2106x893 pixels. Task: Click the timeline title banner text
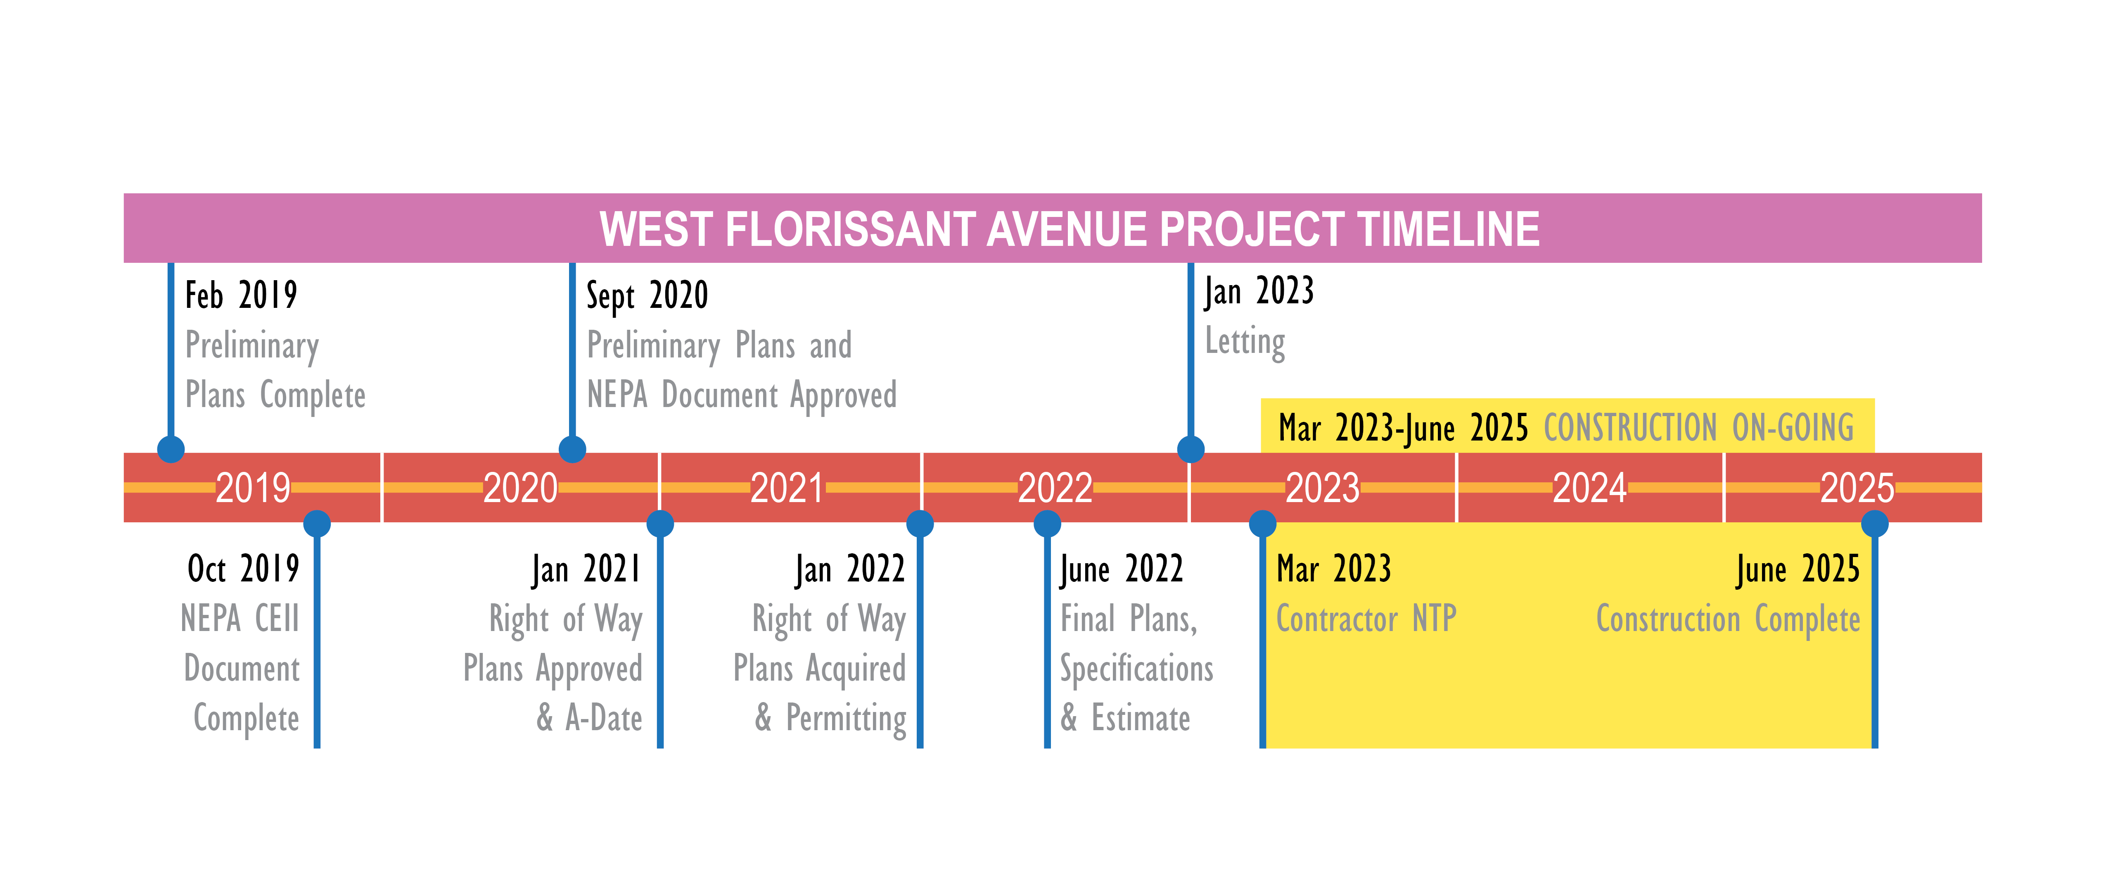point(1070,229)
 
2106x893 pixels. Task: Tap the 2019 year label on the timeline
point(253,488)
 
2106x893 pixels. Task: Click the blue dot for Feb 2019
point(171,449)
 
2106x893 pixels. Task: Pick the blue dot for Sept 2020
point(572,449)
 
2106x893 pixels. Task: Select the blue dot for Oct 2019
point(317,524)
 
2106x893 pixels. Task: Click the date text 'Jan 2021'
point(586,569)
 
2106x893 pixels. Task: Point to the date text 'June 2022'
point(1122,569)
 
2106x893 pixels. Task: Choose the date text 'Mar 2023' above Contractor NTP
point(1334,569)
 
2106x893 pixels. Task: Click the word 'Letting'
point(1245,342)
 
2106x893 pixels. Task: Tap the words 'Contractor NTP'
point(1366,619)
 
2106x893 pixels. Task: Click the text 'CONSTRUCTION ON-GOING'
point(1699,428)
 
